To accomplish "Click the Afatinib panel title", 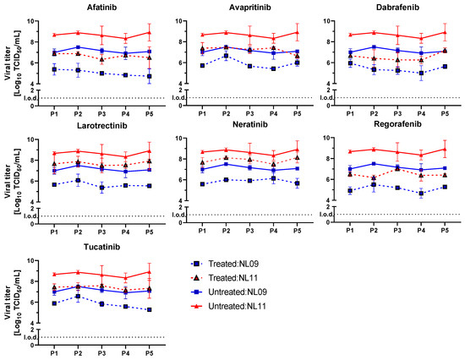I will (101, 8).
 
